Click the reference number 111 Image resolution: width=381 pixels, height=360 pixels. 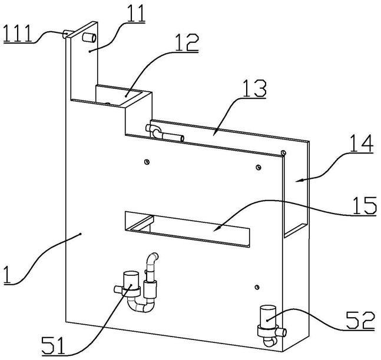pyautogui.click(x=18, y=34)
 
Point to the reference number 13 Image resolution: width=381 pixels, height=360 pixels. pyautogui.click(x=254, y=88)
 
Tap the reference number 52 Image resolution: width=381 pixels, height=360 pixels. pyautogui.click(x=360, y=321)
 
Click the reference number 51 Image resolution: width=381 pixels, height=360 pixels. pyautogui.click(x=53, y=345)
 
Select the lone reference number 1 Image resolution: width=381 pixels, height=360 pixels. pyautogui.click(x=8, y=275)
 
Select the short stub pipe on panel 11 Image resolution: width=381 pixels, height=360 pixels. pyautogui.click(x=89, y=38)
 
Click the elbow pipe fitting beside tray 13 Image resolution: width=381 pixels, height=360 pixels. pyautogui.click(x=155, y=131)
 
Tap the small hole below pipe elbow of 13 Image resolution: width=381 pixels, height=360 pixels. pyautogui.click(x=147, y=162)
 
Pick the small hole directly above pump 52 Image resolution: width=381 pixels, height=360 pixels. pyautogui.click(x=257, y=287)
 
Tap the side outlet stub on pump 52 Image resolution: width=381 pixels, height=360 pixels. pyautogui.click(x=282, y=332)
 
